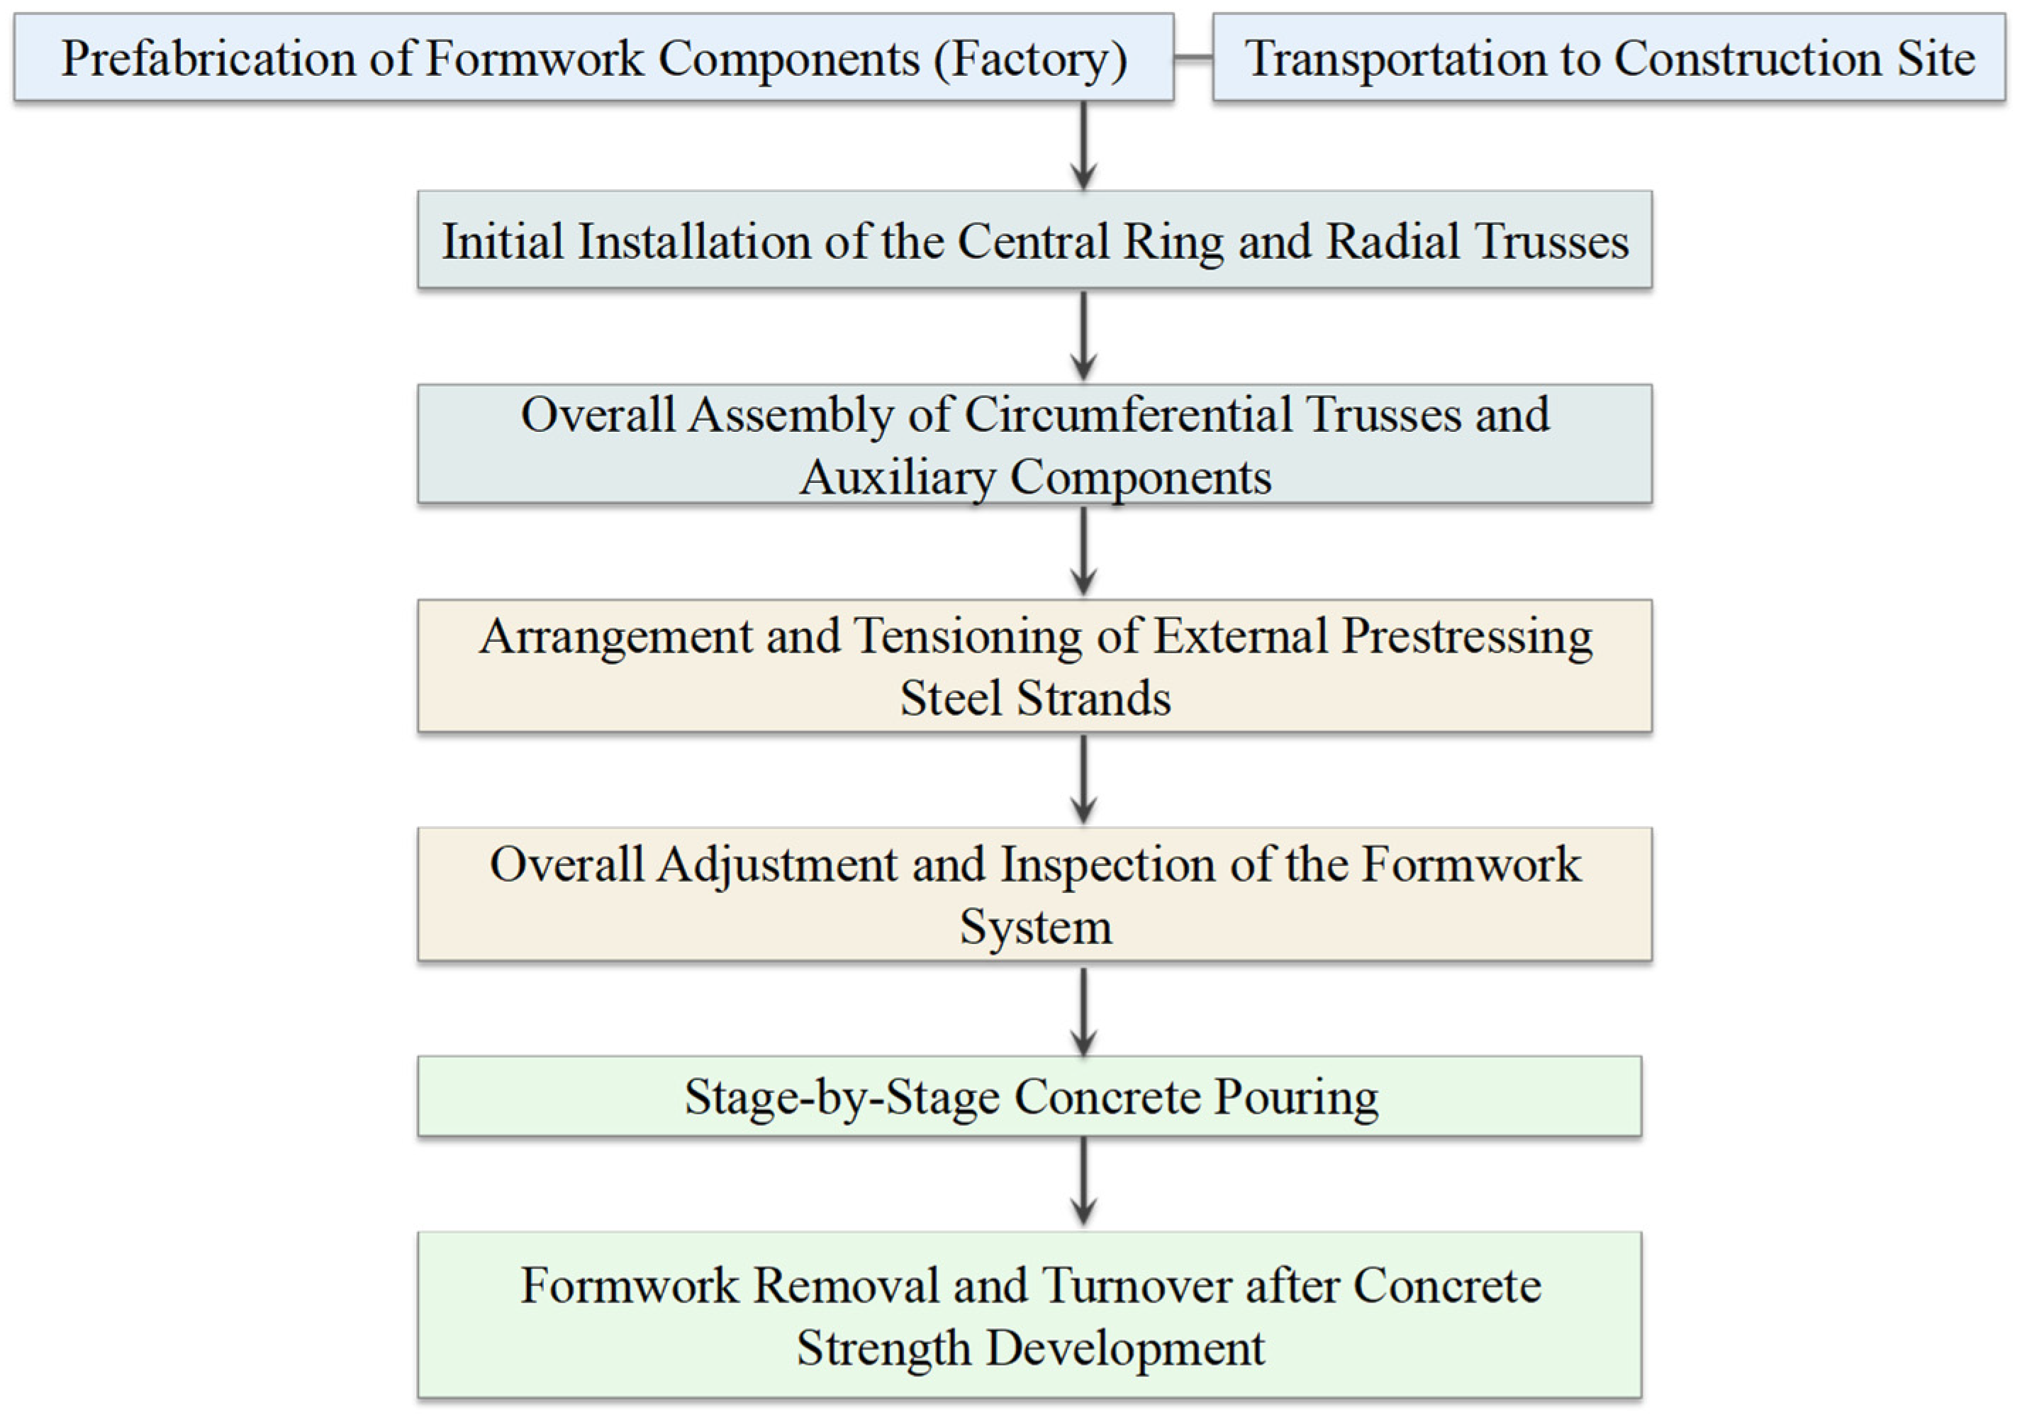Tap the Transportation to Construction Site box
pos(1609,57)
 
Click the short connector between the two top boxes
pos(1193,58)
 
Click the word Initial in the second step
pos(503,242)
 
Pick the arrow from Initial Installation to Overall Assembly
pos(1084,335)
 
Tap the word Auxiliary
pos(897,478)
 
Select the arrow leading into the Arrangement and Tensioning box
pos(1084,551)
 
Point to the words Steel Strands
pos(1035,699)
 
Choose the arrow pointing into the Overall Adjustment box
pos(1084,779)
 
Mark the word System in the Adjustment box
pos(1036,928)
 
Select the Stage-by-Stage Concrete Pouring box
pos(1029,1096)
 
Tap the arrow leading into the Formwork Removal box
pos(1084,1181)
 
